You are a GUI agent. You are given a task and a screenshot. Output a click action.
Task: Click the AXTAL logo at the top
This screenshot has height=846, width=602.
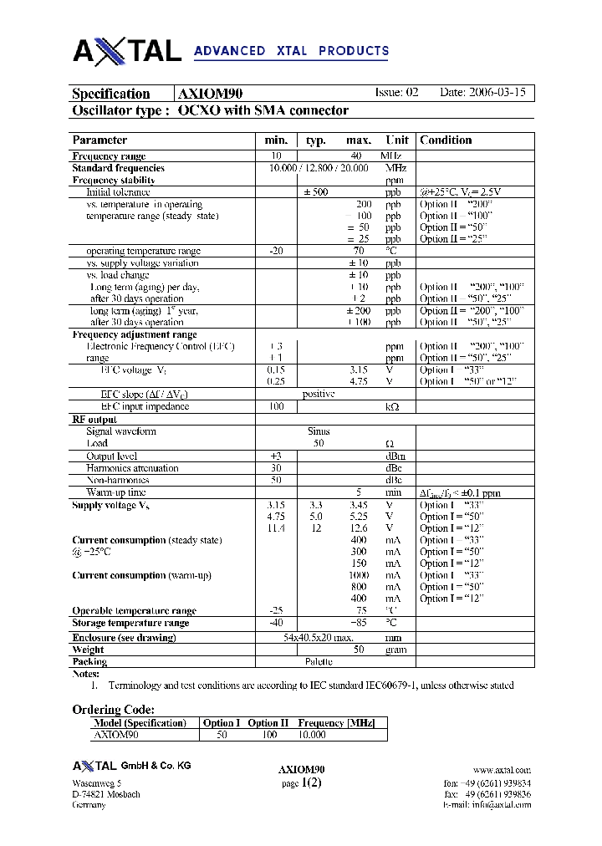[127, 51]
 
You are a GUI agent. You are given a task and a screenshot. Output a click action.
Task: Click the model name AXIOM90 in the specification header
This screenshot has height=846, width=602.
[211, 94]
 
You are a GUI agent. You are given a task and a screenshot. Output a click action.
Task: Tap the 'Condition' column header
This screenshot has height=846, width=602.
[446, 140]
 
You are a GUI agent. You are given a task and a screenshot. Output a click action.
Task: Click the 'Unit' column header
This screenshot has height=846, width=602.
[397, 140]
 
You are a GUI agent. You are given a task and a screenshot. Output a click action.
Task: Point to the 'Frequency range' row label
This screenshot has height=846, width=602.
[109, 156]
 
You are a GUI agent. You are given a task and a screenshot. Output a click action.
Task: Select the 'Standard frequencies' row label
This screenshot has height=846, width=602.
[118, 168]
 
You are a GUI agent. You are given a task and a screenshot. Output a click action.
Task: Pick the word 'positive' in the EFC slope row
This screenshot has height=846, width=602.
[319, 394]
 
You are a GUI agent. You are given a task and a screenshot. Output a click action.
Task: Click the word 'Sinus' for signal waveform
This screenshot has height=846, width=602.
[319, 431]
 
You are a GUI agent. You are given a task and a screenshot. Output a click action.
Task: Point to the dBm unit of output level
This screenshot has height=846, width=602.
[394, 456]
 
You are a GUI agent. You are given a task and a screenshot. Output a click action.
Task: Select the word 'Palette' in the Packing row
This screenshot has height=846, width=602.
[319, 661]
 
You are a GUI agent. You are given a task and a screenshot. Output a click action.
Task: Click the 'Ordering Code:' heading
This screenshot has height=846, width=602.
[113, 710]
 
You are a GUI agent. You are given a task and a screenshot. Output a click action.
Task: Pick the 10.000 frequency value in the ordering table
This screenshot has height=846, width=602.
[312, 735]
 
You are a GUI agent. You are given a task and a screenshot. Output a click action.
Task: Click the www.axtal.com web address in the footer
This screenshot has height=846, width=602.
[501, 770]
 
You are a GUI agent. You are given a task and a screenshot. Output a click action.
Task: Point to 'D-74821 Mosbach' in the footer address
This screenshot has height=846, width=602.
[106, 794]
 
